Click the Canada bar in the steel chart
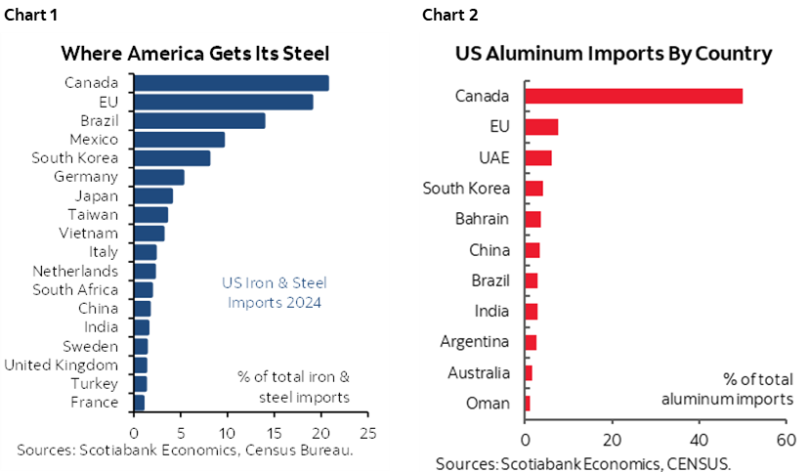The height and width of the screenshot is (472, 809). [231, 83]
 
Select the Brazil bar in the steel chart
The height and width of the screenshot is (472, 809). [199, 120]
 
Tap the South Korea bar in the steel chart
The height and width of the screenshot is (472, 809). [171, 158]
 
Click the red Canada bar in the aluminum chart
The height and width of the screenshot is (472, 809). [633, 96]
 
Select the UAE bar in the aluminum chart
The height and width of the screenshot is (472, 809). [538, 158]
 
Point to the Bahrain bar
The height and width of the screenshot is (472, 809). [532, 219]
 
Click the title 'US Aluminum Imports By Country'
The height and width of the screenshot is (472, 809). [614, 54]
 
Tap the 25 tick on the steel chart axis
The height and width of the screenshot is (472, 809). [367, 430]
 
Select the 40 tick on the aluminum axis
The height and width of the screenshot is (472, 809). [699, 439]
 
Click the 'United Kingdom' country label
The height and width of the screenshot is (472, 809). [61, 365]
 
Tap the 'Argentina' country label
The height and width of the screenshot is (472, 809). [474, 342]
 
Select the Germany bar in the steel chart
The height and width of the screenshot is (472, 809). [158, 177]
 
